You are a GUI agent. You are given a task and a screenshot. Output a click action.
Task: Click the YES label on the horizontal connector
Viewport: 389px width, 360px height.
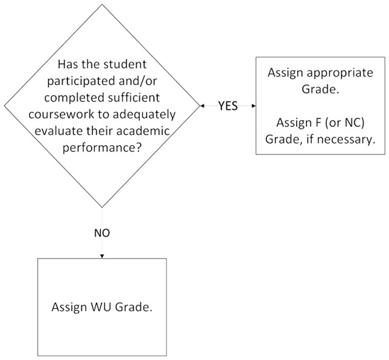[x=228, y=106]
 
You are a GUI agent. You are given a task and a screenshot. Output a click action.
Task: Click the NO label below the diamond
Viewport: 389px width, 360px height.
[x=102, y=233]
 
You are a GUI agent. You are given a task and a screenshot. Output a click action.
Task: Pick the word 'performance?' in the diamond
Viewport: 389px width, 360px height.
[x=102, y=148]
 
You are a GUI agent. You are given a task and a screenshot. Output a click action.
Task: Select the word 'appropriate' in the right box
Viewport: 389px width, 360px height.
[x=342, y=72]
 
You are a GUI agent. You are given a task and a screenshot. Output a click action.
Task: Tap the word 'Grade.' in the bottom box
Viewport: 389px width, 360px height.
[x=134, y=308]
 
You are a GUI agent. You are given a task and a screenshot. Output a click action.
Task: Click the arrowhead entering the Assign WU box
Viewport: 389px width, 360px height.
[x=102, y=256]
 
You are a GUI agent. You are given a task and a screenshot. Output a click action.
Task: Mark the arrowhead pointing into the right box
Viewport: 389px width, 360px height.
[x=253, y=106]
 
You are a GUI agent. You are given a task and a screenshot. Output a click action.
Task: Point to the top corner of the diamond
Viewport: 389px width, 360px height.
[x=102, y=4]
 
